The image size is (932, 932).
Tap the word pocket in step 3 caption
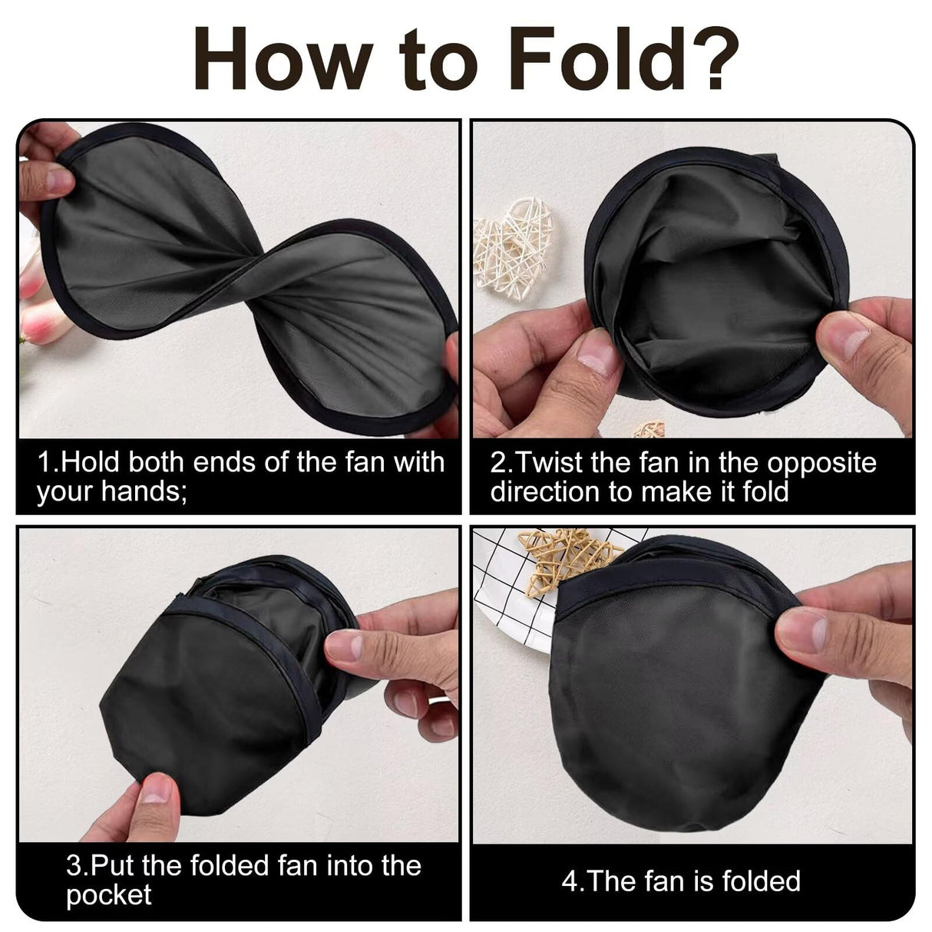[108, 894]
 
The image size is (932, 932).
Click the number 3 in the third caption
[74, 866]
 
